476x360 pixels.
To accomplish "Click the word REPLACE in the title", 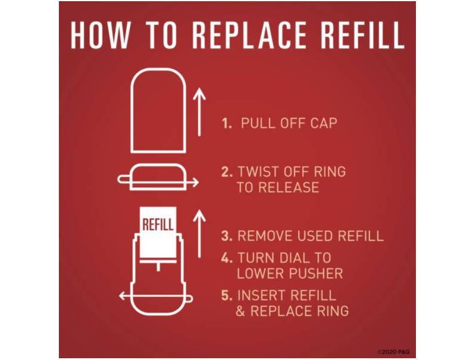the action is pyautogui.click(x=249, y=35).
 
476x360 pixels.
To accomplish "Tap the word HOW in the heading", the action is pyautogui.click(x=100, y=35).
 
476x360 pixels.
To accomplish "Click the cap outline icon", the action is pyautogui.click(x=158, y=111).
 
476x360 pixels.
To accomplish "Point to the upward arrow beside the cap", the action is pyautogui.click(x=199, y=112).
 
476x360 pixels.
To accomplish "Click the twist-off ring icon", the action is pyautogui.click(x=158, y=177).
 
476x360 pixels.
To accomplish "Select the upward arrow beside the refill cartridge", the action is pyautogui.click(x=199, y=233).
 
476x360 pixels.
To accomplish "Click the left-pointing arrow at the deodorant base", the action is pyautogui.click(x=156, y=296).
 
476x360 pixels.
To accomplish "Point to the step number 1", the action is pyautogui.click(x=227, y=124).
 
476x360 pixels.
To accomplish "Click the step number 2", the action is pyautogui.click(x=227, y=172).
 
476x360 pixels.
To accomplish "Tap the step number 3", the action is pyautogui.click(x=227, y=236).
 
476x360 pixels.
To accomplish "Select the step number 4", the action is pyautogui.click(x=227, y=258).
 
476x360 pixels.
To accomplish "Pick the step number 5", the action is pyautogui.click(x=227, y=295).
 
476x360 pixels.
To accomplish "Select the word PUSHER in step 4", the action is pyautogui.click(x=316, y=274).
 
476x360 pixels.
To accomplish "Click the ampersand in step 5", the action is pyautogui.click(x=240, y=311).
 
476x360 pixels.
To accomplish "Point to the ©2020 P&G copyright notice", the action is pyautogui.click(x=394, y=352).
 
